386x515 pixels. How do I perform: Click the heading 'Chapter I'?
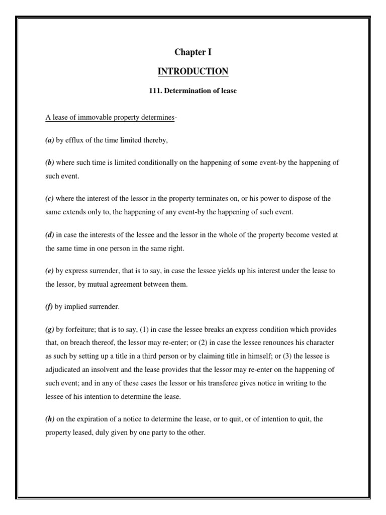[x=193, y=52]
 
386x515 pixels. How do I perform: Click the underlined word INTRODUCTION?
[x=193, y=71]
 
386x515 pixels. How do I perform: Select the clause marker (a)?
[x=50, y=140]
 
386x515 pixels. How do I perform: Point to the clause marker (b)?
[x=50, y=163]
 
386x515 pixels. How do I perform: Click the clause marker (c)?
[x=50, y=199]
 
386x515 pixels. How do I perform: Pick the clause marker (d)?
[x=50, y=234]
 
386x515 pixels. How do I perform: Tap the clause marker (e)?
[x=50, y=271]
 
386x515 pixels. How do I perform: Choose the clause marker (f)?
[x=49, y=306]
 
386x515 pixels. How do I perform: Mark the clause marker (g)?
[x=50, y=329]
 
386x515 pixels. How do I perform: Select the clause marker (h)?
[x=50, y=418]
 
